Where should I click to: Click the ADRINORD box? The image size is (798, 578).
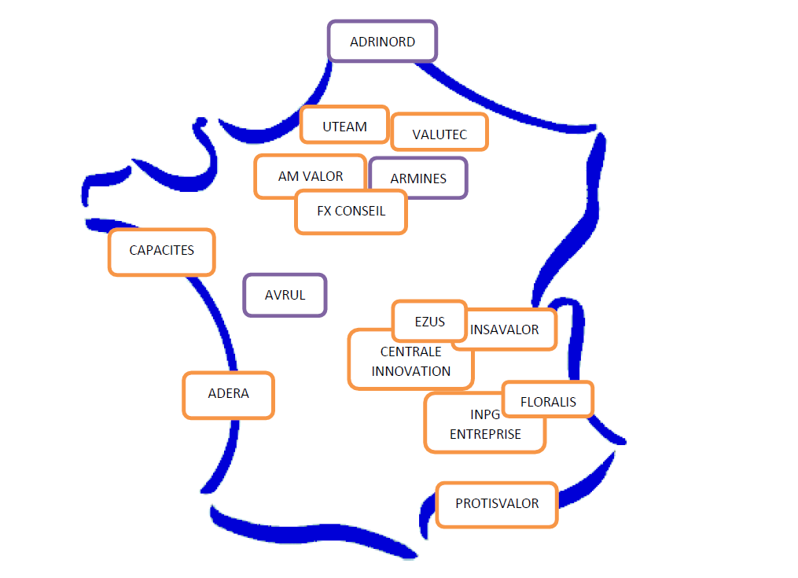(382, 42)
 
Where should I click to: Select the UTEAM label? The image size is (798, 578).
(344, 126)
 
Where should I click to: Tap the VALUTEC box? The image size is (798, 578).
(439, 134)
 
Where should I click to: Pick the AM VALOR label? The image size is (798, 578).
(311, 176)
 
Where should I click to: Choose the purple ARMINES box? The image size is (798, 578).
(418, 179)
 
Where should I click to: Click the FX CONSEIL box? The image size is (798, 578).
(351, 211)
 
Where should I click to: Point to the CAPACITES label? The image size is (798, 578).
(161, 250)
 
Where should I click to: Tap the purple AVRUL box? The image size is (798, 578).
(285, 296)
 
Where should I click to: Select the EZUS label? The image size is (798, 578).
(429, 321)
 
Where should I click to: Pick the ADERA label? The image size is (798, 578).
(228, 393)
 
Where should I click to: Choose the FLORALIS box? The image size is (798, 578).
(548, 402)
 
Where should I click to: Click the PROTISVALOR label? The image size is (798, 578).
(497, 503)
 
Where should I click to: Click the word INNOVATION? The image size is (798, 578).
(411, 371)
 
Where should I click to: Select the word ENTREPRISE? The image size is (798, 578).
(485, 434)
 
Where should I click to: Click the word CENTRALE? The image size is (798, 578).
(410, 352)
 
